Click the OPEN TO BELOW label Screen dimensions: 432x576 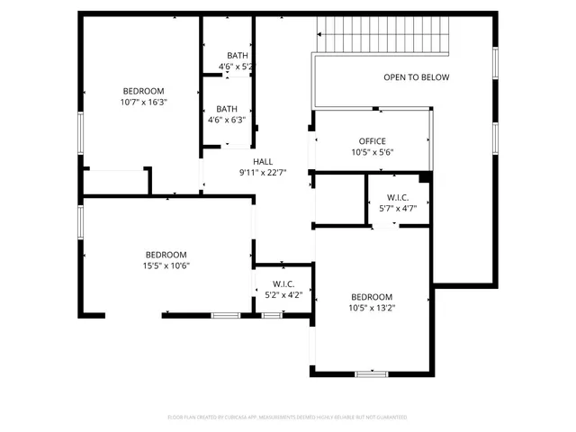tap(416, 77)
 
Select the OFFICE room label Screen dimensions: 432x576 tap(372, 141)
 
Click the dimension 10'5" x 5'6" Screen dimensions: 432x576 tap(372, 153)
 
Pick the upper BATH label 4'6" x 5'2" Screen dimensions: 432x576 tap(238, 55)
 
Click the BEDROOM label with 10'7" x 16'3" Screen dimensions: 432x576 tap(143, 91)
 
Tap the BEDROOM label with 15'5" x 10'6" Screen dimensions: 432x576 tap(166, 254)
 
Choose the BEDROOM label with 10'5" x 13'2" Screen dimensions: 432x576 tap(372, 297)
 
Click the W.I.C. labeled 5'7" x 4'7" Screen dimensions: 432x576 tap(400, 197)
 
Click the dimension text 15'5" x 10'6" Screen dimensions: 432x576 tap(166, 265)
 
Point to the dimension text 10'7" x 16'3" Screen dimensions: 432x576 tap(143, 103)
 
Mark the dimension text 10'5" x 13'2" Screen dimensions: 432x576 tap(372, 309)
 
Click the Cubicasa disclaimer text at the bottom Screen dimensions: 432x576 tap(287, 418)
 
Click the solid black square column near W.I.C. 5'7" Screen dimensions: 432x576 tap(425, 177)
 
